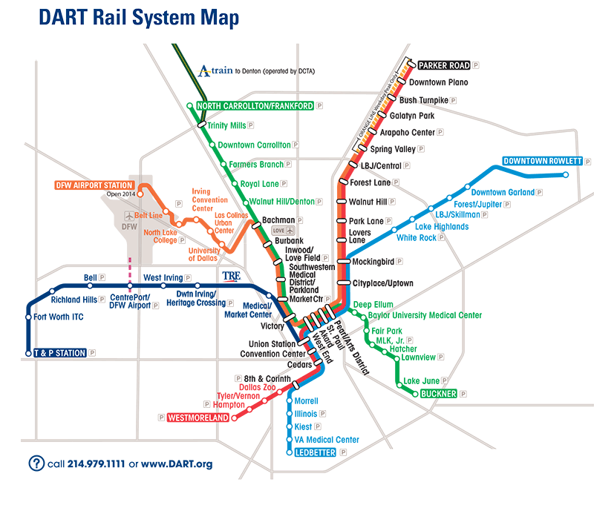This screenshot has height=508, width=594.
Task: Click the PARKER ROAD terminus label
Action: pos(445,65)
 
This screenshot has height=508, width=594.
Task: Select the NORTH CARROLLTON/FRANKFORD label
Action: pos(255,106)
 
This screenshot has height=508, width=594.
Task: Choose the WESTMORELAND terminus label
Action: pos(198,418)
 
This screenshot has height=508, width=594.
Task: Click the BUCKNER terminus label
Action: pos(438,393)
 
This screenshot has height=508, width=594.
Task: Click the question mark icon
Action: pos(36,464)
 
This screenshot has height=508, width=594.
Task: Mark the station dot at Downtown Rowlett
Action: pos(566,175)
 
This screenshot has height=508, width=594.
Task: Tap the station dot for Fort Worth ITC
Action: pos(27,317)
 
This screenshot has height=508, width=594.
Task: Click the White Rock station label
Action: pos(417,238)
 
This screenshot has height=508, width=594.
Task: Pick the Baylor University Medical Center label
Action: pos(425,315)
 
